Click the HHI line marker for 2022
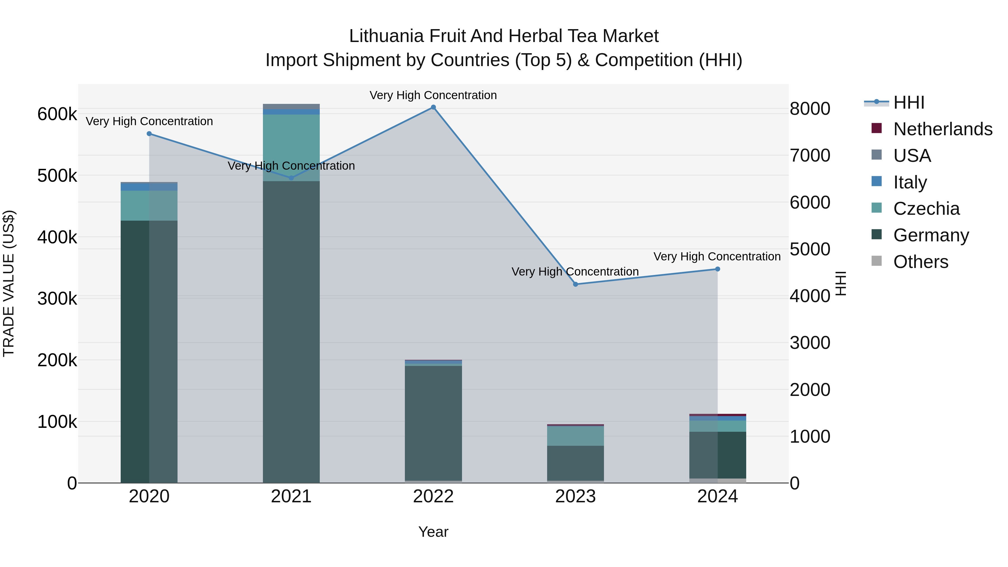pos(433,107)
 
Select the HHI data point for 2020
pos(149,134)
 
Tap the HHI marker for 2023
pos(575,284)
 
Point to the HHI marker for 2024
pos(718,269)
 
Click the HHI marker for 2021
pos(291,178)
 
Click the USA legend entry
pos(912,156)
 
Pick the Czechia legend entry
pos(926,209)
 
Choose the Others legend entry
pos(921,262)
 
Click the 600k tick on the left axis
pos(57,114)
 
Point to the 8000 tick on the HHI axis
pos(809,109)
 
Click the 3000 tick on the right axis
pos(809,343)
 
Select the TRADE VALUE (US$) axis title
pos(9,283)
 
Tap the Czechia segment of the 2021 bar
pos(291,148)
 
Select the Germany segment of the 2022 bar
pos(433,423)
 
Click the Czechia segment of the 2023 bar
pos(575,436)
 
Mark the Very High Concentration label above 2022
pos(433,95)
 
